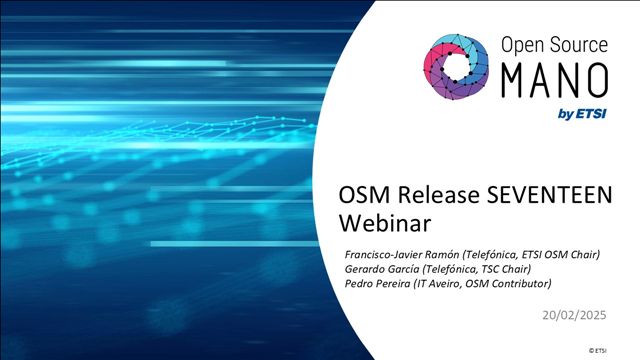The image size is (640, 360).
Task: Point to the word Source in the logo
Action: click(578, 44)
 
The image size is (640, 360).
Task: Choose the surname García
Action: click(407, 269)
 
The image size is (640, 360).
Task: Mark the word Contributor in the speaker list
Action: click(520, 284)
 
